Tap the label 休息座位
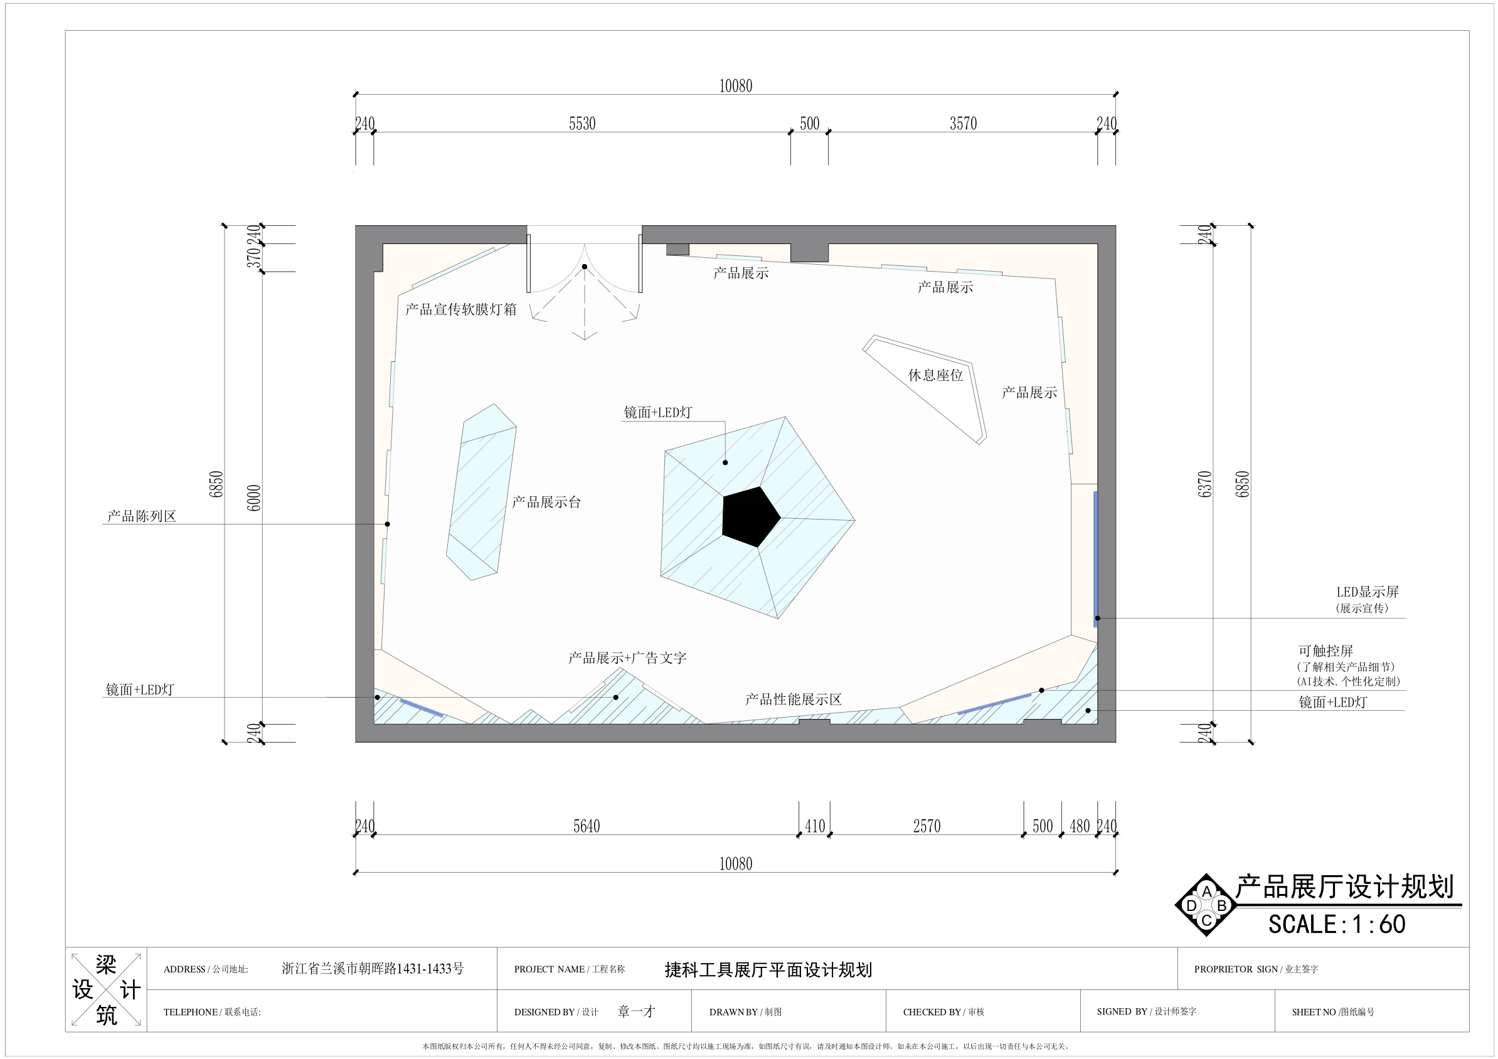(x=935, y=375)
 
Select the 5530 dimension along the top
(x=582, y=124)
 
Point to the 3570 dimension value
(x=963, y=124)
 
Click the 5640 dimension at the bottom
(x=587, y=826)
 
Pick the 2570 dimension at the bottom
(x=927, y=826)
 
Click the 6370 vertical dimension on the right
(x=1205, y=484)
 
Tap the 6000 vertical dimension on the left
(x=255, y=498)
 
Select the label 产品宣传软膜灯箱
(x=460, y=309)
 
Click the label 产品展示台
(x=546, y=502)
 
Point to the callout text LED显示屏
(x=1368, y=592)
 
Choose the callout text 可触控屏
(x=1325, y=651)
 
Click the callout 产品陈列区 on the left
(x=142, y=516)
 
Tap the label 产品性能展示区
(x=794, y=700)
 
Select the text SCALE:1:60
(x=1337, y=924)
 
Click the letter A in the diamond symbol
(x=1206, y=891)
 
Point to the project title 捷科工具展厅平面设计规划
(x=768, y=971)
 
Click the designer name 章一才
(x=636, y=1011)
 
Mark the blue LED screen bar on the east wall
(x=1096, y=559)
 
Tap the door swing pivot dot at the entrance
(x=585, y=267)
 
